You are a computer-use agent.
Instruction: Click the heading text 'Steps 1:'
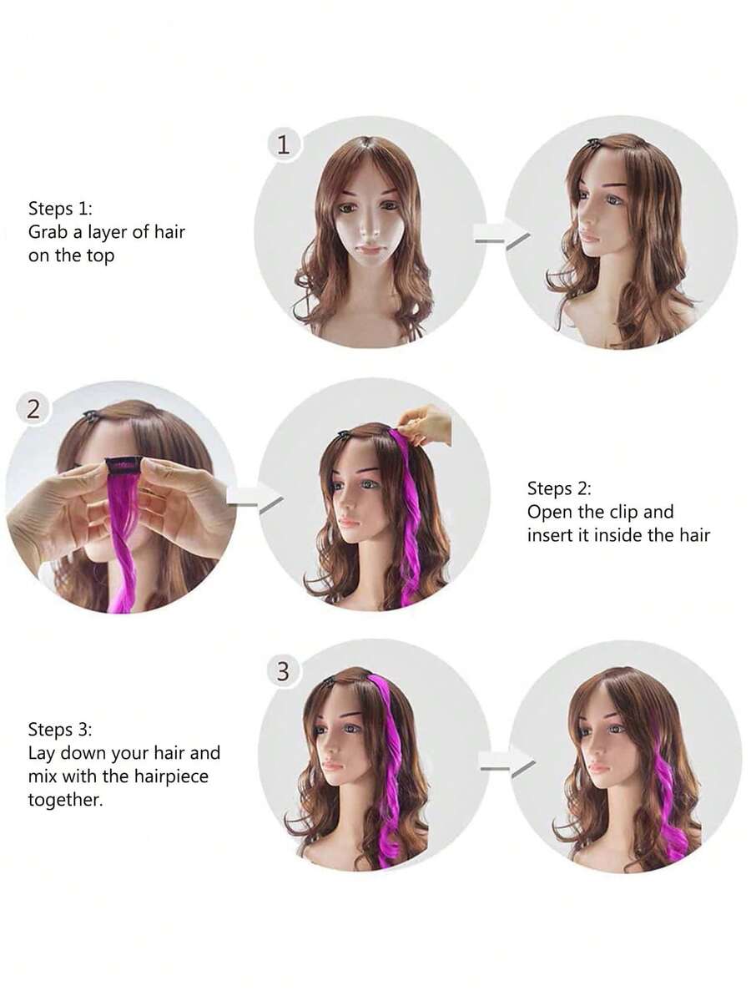[60, 208]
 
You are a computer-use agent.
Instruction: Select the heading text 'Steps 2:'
[559, 488]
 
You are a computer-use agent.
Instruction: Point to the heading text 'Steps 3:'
[60, 729]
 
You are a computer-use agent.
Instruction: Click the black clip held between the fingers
[123, 467]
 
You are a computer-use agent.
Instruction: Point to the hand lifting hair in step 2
[424, 424]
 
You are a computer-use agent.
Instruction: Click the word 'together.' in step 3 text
[65, 800]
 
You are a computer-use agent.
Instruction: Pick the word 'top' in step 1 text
[100, 256]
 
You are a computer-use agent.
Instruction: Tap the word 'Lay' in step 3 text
[42, 753]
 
